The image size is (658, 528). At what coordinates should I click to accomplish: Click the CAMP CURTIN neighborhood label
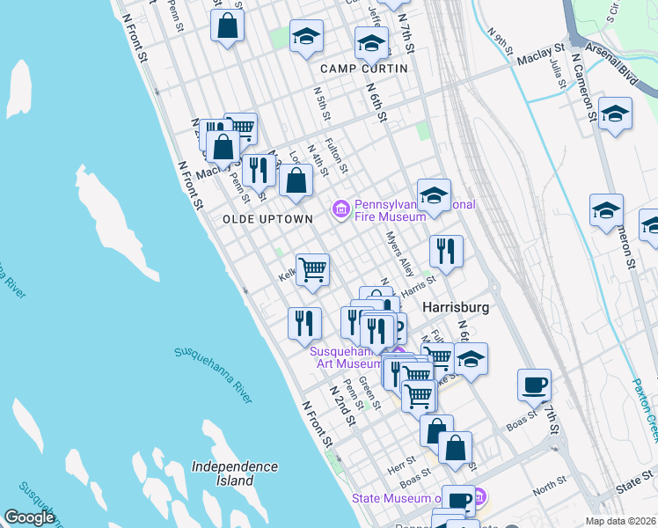click(363, 68)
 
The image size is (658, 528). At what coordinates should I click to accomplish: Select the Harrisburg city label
click(455, 309)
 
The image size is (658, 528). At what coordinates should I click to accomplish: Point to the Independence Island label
click(235, 473)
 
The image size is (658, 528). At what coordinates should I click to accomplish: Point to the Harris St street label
click(419, 282)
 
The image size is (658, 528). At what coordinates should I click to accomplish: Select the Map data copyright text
click(620, 521)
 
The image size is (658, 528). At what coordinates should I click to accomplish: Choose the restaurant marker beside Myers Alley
click(446, 250)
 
